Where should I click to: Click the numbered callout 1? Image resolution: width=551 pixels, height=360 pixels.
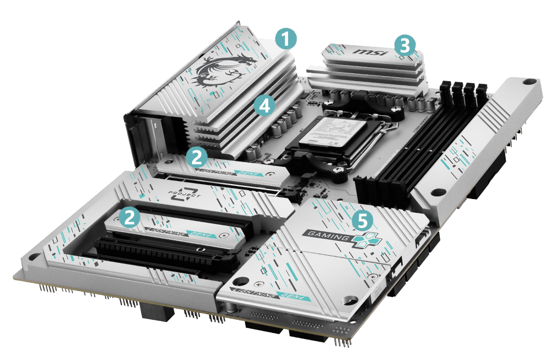(285, 39)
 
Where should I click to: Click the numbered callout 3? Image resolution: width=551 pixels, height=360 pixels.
(404, 46)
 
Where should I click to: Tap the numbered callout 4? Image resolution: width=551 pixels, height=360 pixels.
(264, 105)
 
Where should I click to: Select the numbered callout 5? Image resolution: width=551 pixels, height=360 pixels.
(361, 221)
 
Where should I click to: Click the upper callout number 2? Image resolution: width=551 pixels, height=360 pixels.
(196, 157)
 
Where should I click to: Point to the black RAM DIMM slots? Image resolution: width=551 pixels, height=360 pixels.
(386, 182)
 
